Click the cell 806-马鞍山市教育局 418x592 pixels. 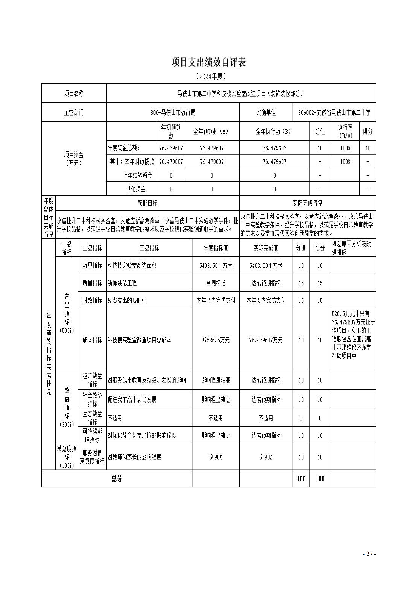pos(173,112)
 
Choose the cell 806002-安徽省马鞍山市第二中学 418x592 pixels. pos(334,112)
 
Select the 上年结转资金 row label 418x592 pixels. pos(137,175)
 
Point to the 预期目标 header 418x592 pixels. pos(147,203)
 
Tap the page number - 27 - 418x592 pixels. pos(369,554)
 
